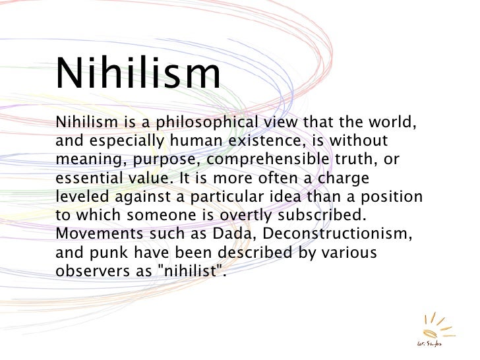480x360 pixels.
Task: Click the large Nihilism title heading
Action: click(x=139, y=75)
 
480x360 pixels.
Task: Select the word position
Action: click(x=392, y=196)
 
